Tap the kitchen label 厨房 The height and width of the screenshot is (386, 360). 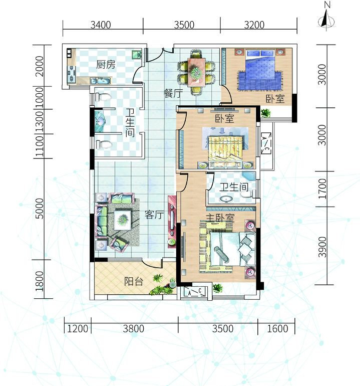pos(106,65)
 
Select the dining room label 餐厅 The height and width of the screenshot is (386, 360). pos(174,94)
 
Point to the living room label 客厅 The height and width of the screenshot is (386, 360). pos(154,215)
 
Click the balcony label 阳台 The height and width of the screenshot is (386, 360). pos(134,281)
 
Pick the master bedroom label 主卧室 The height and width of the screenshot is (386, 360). pos(220,218)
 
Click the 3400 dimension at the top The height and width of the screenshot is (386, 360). pos(101,25)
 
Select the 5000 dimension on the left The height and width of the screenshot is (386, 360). pos(40,209)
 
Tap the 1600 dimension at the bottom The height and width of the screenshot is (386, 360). pos(277,329)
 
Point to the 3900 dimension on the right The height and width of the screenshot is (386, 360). pos(322,247)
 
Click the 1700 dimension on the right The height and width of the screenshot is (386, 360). pos(322,189)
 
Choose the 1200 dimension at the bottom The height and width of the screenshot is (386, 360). pos(78,329)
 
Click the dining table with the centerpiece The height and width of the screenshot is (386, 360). pos(196,72)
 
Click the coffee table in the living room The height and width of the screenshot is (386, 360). pos(123,220)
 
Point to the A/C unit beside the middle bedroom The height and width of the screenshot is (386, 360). pos(265,143)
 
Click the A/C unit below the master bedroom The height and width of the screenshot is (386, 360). pos(195,292)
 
